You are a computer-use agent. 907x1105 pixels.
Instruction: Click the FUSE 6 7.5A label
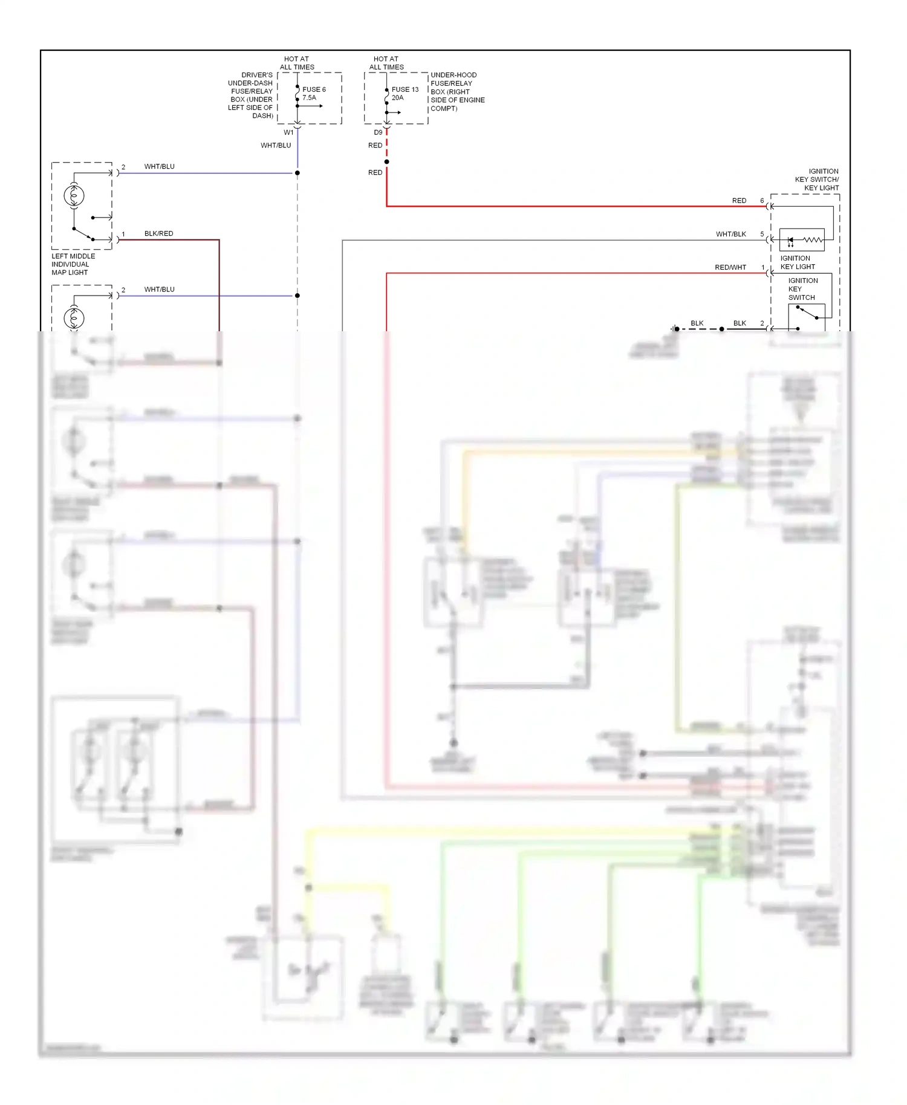click(x=314, y=93)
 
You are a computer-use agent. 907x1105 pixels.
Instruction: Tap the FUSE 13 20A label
click(x=405, y=93)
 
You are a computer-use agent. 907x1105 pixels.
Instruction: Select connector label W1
click(x=288, y=132)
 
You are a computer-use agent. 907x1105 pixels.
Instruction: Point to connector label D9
click(x=378, y=132)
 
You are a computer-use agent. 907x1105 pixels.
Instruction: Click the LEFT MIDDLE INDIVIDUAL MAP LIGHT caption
click(x=73, y=264)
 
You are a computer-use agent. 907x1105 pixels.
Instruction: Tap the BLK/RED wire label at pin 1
click(x=158, y=233)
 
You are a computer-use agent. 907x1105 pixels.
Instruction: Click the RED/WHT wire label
click(x=730, y=267)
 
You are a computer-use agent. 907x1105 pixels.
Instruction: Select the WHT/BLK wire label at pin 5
click(x=730, y=234)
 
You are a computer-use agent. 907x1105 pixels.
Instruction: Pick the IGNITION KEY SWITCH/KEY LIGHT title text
click(x=817, y=180)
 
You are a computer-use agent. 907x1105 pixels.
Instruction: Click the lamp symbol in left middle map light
click(x=74, y=195)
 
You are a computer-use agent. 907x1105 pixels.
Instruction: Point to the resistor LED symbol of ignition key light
click(x=802, y=240)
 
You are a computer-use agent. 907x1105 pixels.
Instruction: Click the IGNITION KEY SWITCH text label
click(x=802, y=289)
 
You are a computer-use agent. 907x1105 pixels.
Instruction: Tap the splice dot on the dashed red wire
click(x=386, y=161)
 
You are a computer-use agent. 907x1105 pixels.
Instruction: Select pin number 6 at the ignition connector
click(x=762, y=201)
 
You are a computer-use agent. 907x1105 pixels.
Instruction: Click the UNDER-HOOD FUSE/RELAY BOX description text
click(x=457, y=92)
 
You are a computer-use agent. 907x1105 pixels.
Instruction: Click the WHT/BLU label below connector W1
click(x=276, y=145)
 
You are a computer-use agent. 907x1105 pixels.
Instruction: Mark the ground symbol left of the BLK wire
click(x=674, y=329)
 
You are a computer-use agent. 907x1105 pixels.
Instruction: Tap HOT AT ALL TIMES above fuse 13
click(x=386, y=63)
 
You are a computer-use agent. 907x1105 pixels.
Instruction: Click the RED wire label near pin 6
click(x=739, y=201)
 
